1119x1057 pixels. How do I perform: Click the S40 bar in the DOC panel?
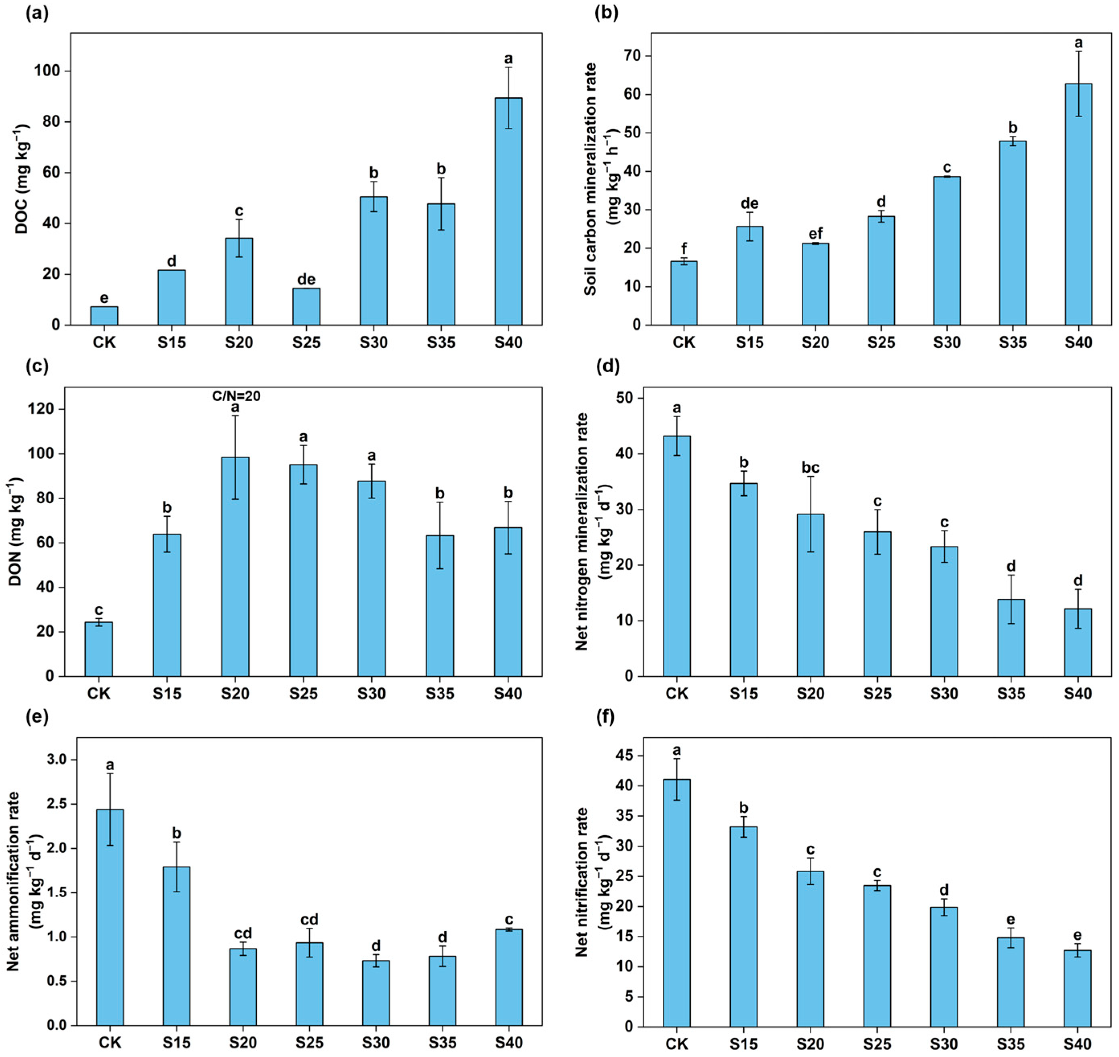(508, 211)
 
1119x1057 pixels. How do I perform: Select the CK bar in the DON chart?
(98, 649)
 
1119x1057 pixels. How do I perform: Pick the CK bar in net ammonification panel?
(110, 917)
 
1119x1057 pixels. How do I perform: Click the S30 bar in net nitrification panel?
(944, 966)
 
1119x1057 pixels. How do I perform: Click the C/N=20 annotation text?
(236, 396)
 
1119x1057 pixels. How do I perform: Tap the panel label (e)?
(37, 717)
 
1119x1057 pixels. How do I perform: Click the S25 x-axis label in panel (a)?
(306, 342)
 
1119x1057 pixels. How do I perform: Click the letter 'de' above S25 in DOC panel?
(306, 280)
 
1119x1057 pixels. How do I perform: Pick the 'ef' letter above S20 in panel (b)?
(815, 233)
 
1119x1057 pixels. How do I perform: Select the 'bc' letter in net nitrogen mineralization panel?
(810, 467)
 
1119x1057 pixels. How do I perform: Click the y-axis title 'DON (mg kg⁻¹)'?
(16, 531)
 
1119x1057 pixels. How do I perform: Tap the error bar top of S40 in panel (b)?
(1078, 52)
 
